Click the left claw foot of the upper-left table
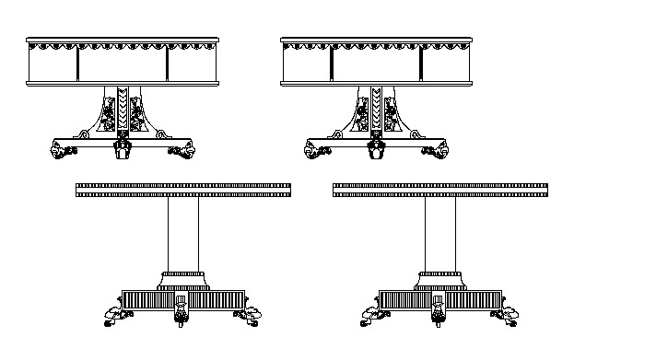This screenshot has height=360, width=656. pos(64,148)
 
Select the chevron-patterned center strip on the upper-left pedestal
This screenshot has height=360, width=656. pos(122,112)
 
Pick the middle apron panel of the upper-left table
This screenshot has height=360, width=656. pos(122,64)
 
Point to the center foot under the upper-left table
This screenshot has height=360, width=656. pos(122,149)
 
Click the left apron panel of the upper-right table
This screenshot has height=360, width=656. pos(307,64)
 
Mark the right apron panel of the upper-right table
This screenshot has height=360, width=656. pos(448,64)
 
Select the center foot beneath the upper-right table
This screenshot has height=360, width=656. pos(376,149)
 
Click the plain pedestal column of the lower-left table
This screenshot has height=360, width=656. pos(183,235)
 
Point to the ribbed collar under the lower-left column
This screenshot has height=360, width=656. pos(183,275)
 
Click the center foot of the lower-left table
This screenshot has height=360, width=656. pos(182,316)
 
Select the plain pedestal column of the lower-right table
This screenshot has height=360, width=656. pos(440,235)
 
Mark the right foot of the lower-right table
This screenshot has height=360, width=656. pos(505,318)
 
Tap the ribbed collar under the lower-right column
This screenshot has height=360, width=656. pos(440,275)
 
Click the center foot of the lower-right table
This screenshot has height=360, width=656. pos(439,316)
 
